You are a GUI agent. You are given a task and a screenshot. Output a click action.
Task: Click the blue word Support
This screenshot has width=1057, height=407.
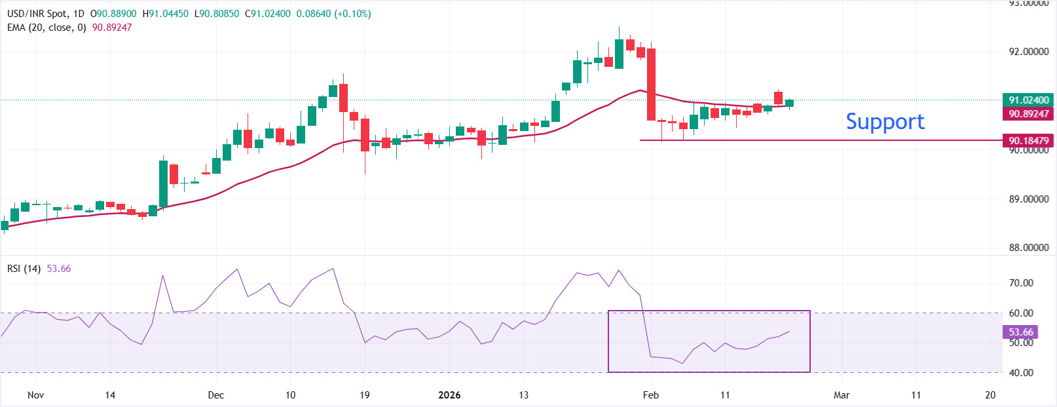tap(885, 121)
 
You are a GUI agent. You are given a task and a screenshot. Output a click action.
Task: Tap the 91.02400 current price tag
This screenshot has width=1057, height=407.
tap(1028, 100)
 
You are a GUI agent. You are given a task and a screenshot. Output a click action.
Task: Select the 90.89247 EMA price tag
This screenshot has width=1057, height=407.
tap(1028, 114)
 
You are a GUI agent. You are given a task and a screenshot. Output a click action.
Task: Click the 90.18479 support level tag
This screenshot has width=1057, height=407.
tap(1028, 140)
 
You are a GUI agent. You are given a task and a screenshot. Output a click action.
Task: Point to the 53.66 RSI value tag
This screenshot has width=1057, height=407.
tap(1020, 332)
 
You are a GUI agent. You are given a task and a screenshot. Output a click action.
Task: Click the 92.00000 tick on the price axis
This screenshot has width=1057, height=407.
tap(1028, 52)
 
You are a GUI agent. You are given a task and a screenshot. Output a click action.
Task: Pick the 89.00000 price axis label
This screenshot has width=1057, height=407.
tap(1028, 199)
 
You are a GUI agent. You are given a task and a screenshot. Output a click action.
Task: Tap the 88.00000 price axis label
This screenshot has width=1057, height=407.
tap(1028, 248)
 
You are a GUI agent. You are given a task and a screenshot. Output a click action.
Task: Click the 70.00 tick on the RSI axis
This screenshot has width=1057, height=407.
tap(1021, 283)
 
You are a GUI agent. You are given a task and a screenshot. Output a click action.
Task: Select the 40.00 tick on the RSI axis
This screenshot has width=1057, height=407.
tap(1021, 373)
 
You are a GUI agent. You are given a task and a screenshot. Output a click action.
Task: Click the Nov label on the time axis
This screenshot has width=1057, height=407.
tap(36, 395)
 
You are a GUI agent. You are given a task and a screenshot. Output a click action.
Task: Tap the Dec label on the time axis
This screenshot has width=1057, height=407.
tap(215, 395)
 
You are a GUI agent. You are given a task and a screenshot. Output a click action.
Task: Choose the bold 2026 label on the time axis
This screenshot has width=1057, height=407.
tap(449, 395)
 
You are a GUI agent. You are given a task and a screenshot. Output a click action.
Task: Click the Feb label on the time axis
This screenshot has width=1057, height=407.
tap(650, 395)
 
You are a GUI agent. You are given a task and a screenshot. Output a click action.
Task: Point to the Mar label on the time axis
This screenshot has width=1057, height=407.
tap(842, 395)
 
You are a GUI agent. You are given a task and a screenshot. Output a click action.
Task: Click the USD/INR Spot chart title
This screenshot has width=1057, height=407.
tap(37, 14)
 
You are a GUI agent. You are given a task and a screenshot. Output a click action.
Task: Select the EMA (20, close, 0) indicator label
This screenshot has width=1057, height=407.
tap(46, 28)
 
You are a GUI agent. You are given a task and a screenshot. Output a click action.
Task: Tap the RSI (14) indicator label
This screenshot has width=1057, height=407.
tap(24, 269)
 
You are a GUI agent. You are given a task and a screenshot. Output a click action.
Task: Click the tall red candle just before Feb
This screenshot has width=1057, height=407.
tap(651, 84)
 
